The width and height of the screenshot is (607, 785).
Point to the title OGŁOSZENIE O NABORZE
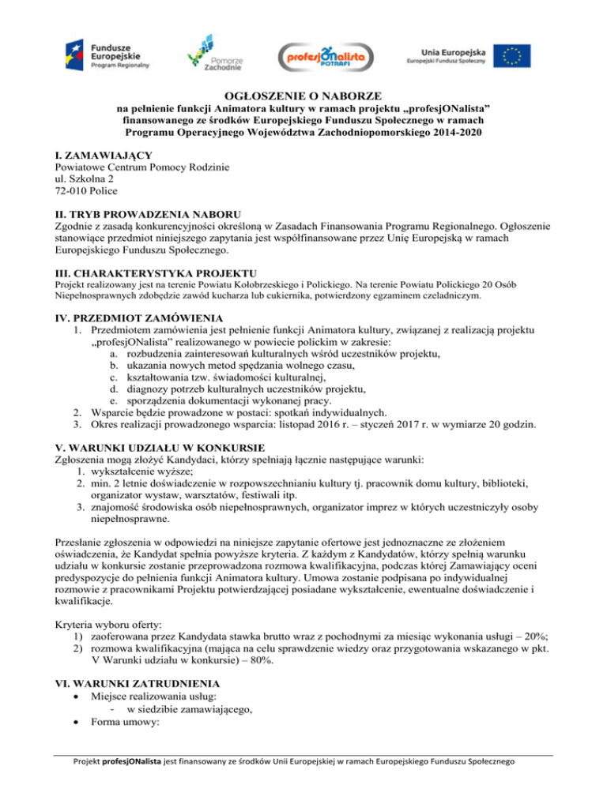[303, 93]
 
